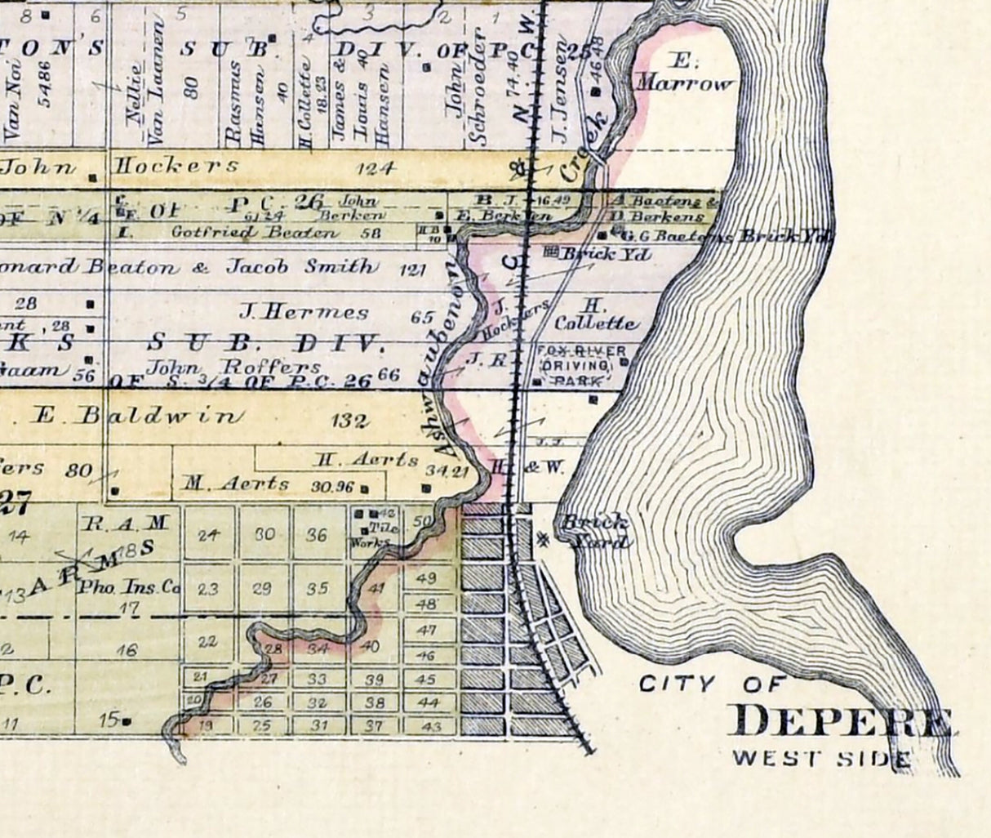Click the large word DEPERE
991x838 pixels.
844,722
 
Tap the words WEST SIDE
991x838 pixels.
820,758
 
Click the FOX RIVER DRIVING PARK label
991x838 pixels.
580,365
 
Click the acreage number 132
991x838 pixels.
352,421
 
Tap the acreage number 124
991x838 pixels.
376,168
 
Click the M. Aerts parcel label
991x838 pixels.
236,484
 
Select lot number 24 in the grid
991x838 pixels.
210,536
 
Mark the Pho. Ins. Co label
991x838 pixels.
127,586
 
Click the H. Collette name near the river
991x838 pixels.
596,314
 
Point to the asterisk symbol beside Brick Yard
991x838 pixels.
544,538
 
